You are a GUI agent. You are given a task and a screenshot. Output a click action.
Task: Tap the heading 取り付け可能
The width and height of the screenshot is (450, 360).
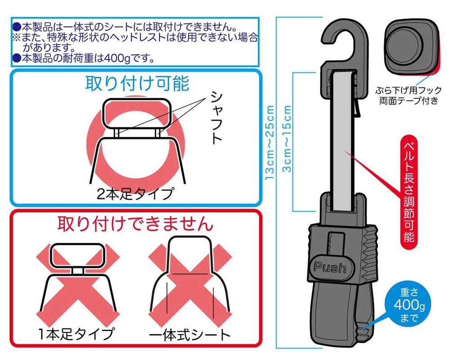[137, 84]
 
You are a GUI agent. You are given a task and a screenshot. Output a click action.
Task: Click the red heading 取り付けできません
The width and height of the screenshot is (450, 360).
[135, 224]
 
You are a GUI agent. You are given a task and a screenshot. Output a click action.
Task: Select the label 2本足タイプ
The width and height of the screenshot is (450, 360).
[135, 194]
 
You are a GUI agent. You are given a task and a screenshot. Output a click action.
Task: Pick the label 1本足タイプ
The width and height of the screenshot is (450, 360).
[76, 334]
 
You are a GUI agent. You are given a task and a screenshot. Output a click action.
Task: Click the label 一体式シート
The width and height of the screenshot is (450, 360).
[190, 335]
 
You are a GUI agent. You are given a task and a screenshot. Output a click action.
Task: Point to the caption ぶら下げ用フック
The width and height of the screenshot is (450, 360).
[409, 90]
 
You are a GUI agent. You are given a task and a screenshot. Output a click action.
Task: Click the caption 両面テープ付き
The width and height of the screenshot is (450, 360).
[409, 101]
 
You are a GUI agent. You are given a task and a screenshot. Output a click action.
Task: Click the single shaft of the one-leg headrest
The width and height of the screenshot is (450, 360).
[77, 271]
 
